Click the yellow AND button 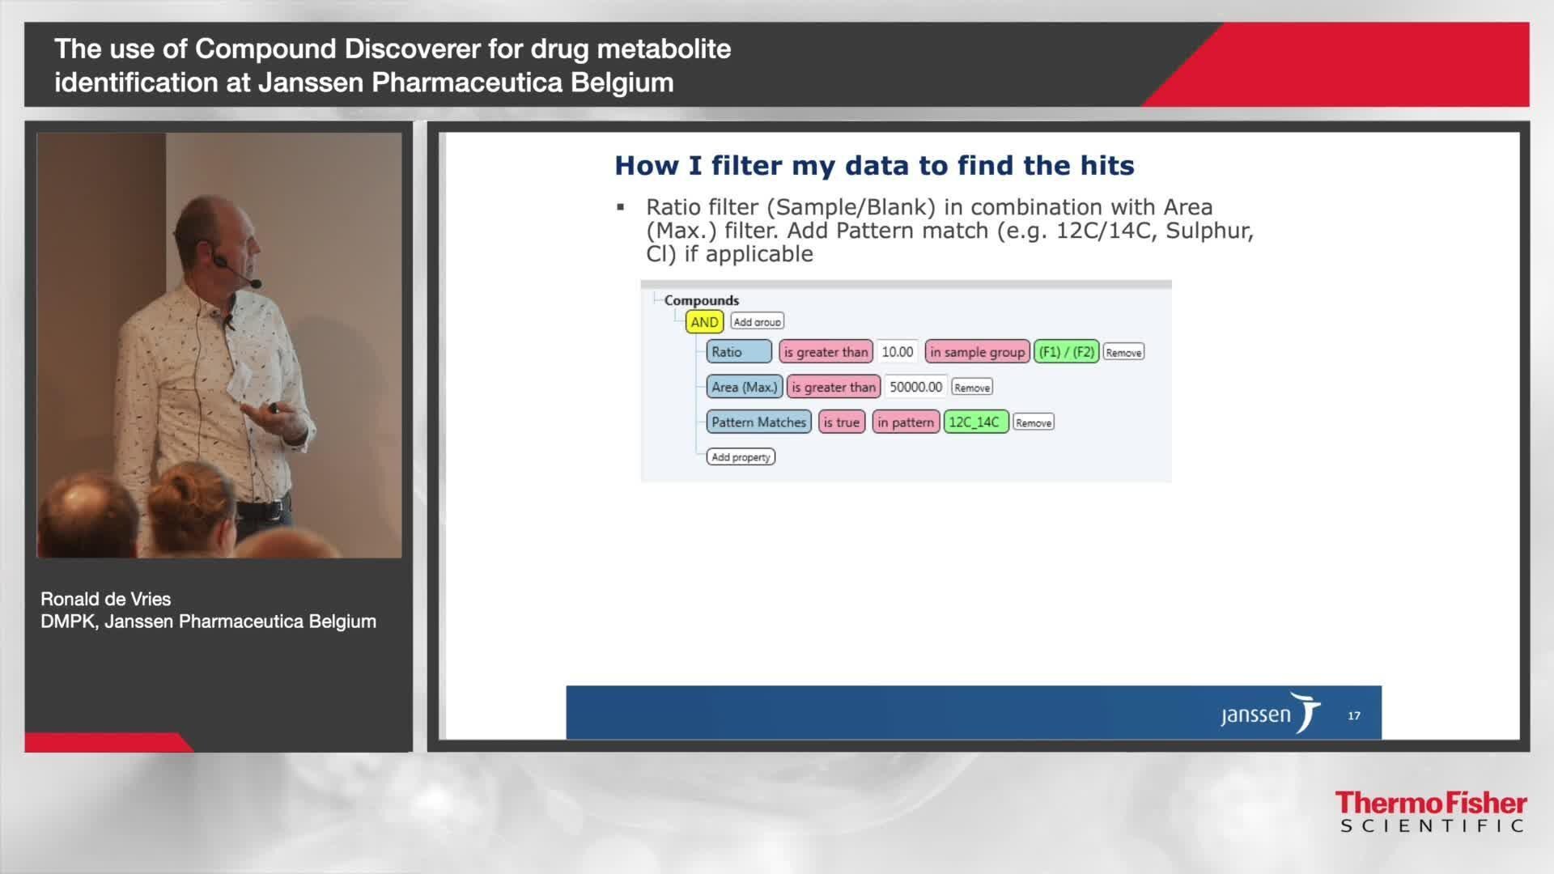point(704,322)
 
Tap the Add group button point(757,321)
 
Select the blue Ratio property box point(739,352)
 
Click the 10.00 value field point(897,352)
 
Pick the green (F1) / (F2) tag point(1066,352)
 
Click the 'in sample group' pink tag point(977,352)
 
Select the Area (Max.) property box point(744,387)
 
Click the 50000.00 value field point(915,387)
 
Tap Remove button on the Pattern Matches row point(1033,422)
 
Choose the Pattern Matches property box point(758,422)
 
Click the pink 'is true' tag point(841,422)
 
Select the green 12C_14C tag point(975,422)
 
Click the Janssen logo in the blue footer point(1269,714)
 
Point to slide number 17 point(1353,715)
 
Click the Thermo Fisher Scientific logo point(1430,812)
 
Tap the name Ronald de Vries point(106,599)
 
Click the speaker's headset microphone point(255,283)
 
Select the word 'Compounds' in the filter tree point(701,300)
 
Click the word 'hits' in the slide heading point(1106,166)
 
